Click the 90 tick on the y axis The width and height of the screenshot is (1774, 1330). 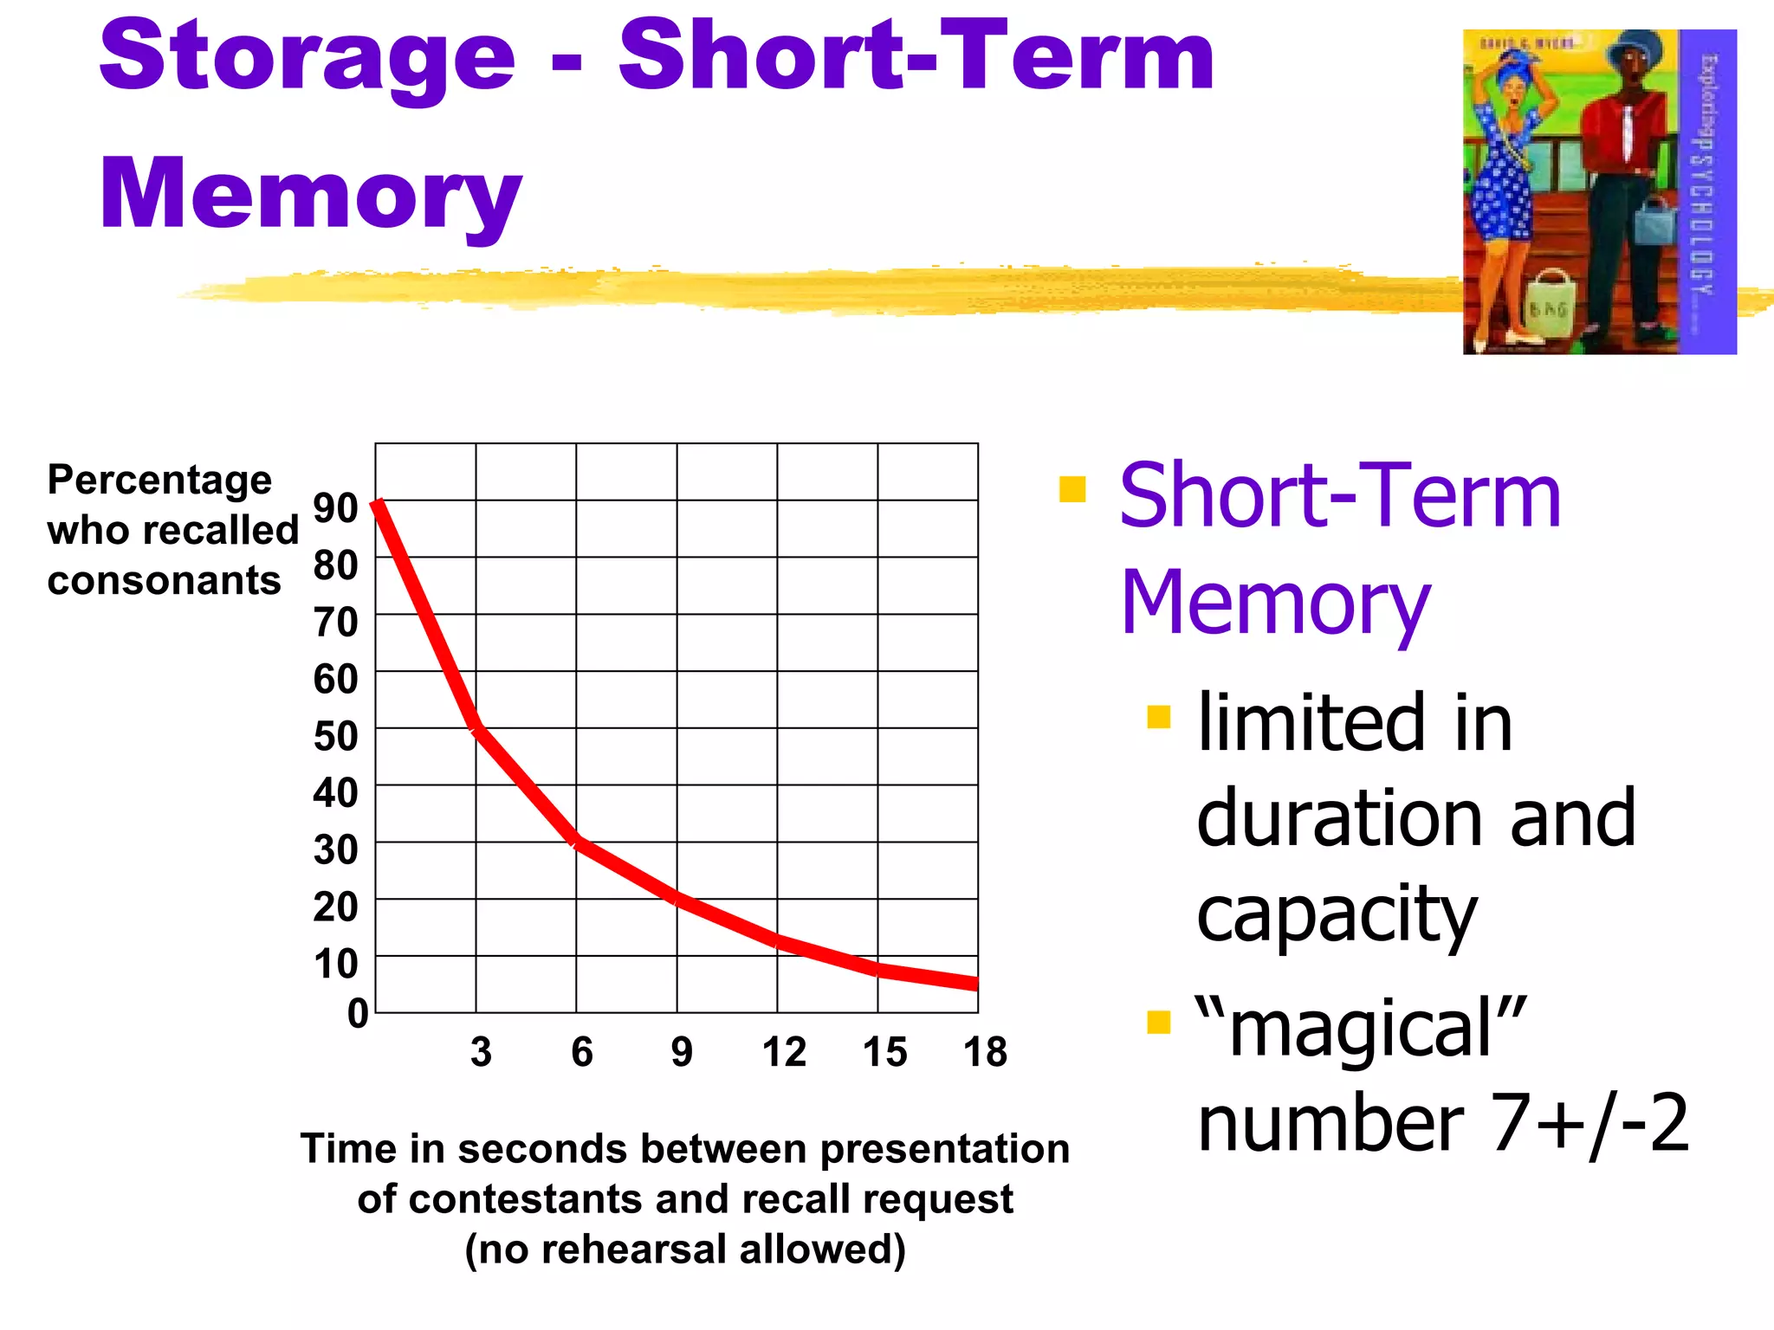click(336, 507)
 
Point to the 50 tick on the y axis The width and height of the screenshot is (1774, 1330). click(336, 736)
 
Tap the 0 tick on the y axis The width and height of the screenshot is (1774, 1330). click(358, 1012)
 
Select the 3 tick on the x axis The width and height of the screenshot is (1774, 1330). click(482, 1052)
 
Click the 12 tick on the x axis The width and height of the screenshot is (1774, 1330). click(784, 1052)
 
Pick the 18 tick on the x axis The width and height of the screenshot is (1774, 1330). click(985, 1052)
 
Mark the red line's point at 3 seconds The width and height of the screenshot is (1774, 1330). click(476, 729)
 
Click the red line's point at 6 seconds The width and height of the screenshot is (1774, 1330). click(576, 842)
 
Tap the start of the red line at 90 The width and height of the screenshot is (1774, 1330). click(378, 503)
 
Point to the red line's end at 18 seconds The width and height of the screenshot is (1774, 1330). click(975, 984)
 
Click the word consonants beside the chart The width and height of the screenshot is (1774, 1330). click(164, 580)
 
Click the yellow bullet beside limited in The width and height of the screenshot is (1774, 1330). click(1158, 717)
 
